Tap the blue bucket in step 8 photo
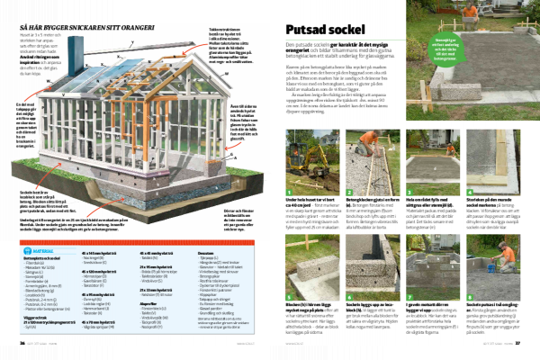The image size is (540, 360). pos(491,261)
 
